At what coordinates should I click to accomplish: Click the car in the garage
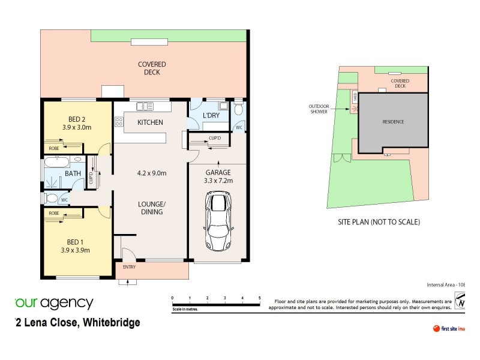coord(218,221)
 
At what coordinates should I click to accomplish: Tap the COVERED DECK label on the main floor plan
coord(152,68)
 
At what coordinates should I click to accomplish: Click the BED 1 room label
coord(76,246)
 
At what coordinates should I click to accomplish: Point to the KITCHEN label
coord(150,122)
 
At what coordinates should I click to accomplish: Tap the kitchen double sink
coord(145,107)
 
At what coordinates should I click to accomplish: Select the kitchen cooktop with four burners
coord(119,123)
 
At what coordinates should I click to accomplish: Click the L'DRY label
coord(210,115)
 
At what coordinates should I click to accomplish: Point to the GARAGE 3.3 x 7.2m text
coord(218,176)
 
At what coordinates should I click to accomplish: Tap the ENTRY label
coord(129,267)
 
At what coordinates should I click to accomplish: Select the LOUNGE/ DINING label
coord(150,208)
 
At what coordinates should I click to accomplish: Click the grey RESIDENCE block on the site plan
coord(393,122)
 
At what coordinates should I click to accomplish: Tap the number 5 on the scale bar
coord(259,298)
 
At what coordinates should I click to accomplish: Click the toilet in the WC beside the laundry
coord(239,109)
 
